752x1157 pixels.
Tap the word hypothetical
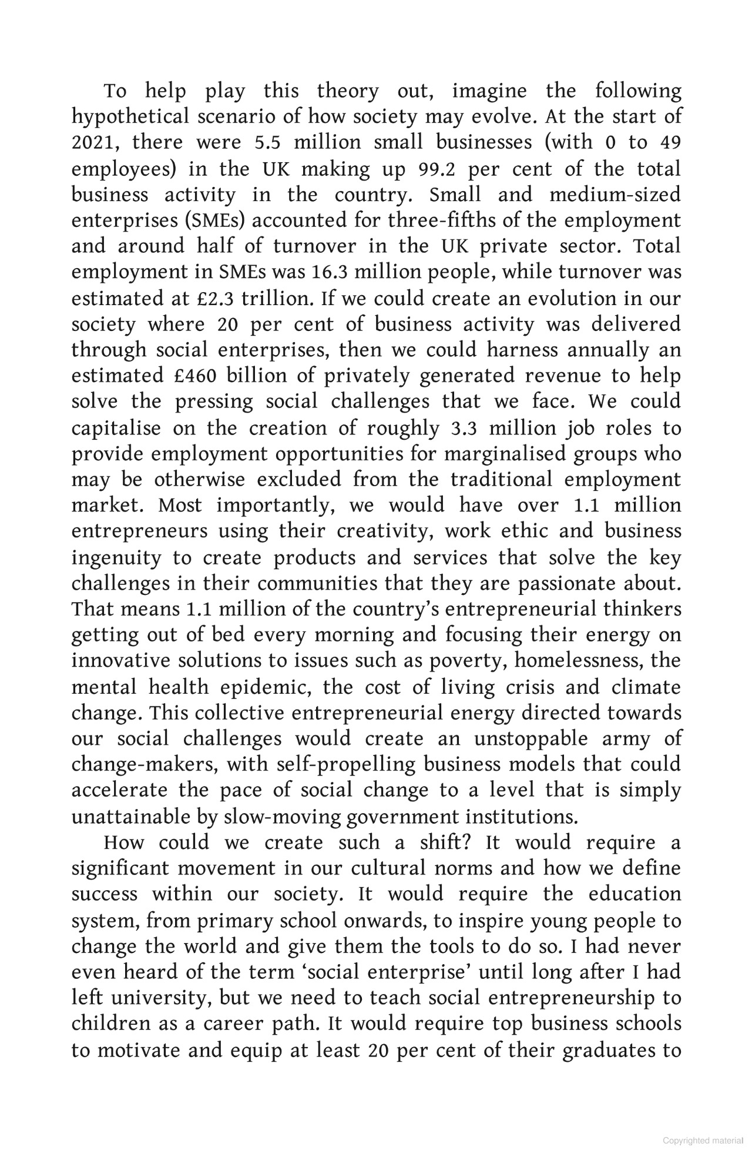tap(130, 117)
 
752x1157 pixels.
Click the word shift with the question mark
tap(448, 842)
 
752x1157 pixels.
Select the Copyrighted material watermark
tap(703, 1140)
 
